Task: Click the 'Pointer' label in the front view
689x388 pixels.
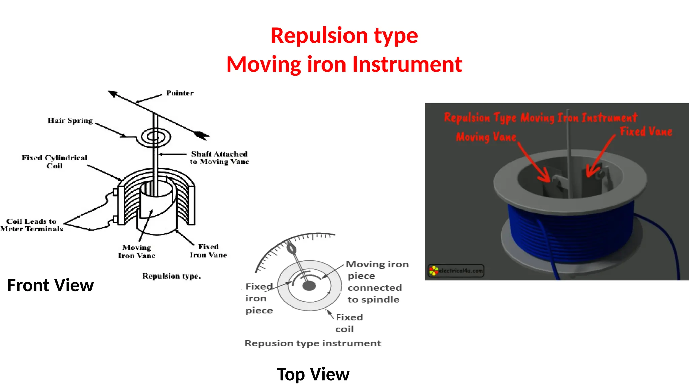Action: coord(180,93)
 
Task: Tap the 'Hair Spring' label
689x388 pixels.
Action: coord(70,121)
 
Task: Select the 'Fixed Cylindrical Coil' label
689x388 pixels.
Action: coord(54,162)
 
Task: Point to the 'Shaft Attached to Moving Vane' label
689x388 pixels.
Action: coord(219,158)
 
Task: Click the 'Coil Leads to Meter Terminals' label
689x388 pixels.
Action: coord(31,225)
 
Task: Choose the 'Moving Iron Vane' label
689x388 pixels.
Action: coord(137,251)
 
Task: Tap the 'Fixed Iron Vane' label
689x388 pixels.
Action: coord(208,251)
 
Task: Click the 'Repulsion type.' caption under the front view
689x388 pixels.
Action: coord(171,276)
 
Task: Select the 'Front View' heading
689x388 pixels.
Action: coord(50,285)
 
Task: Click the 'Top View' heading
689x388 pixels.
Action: coord(313,374)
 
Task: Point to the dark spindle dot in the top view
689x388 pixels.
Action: coord(309,286)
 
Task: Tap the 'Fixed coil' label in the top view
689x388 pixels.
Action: coord(349,323)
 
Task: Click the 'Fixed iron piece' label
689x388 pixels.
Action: coord(259,298)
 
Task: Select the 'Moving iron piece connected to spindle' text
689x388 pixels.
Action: coord(377,282)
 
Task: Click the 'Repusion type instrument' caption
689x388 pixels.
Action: coord(313,343)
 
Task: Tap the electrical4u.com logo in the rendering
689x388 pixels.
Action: coord(456,270)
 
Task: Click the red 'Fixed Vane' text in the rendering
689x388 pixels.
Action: coord(646,132)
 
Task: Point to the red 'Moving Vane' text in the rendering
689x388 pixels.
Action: coord(486,137)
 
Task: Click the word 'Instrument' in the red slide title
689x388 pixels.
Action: coord(407,64)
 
